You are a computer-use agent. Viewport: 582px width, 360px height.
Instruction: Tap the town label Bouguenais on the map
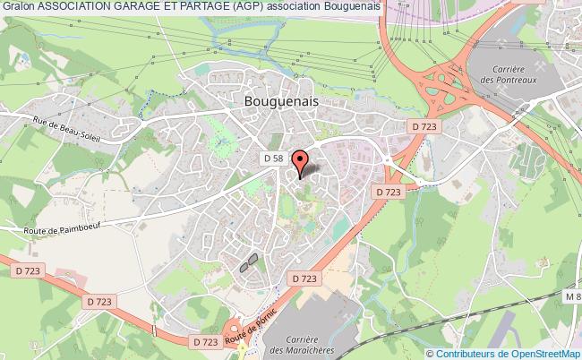(x=280, y=102)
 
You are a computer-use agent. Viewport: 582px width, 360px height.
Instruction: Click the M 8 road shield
(x=571, y=296)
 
